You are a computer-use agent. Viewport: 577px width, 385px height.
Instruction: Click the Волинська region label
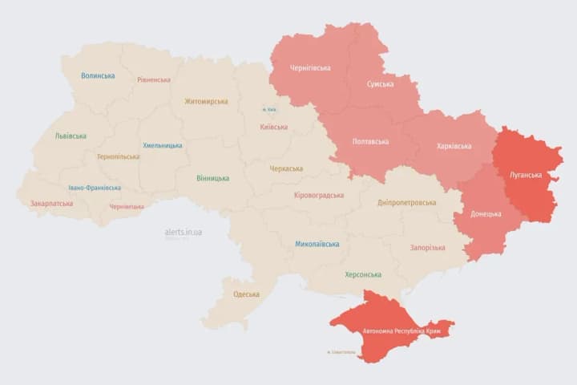(98, 76)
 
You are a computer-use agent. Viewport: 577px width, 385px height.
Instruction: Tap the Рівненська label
(154, 80)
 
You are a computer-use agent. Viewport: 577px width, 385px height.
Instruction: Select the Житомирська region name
(206, 102)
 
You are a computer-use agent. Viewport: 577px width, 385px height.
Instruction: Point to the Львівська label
(71, 136)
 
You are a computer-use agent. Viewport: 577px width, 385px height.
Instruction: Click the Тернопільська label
(118, 157)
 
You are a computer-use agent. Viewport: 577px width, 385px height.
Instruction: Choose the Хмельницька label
(163, 146)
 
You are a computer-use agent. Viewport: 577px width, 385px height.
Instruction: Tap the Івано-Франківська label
(95, 188)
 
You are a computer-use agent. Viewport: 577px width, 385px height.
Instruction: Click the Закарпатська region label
(51, 204)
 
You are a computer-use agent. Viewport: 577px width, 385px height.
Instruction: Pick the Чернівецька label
(127, 207)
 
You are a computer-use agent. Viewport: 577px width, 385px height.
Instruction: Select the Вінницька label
(212, 178)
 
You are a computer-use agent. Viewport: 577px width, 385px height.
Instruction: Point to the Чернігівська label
(310, 68)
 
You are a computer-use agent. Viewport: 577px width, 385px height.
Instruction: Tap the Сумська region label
(380, 83)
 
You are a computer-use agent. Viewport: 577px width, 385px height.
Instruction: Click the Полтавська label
(370, 142)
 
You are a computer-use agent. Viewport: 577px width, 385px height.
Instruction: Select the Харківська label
(454, 146)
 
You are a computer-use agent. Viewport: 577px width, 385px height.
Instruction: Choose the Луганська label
(526, 175)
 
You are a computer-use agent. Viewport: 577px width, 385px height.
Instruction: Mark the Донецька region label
(486, 214)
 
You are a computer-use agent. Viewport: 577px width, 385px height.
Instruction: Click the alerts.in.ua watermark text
(184, 232)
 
